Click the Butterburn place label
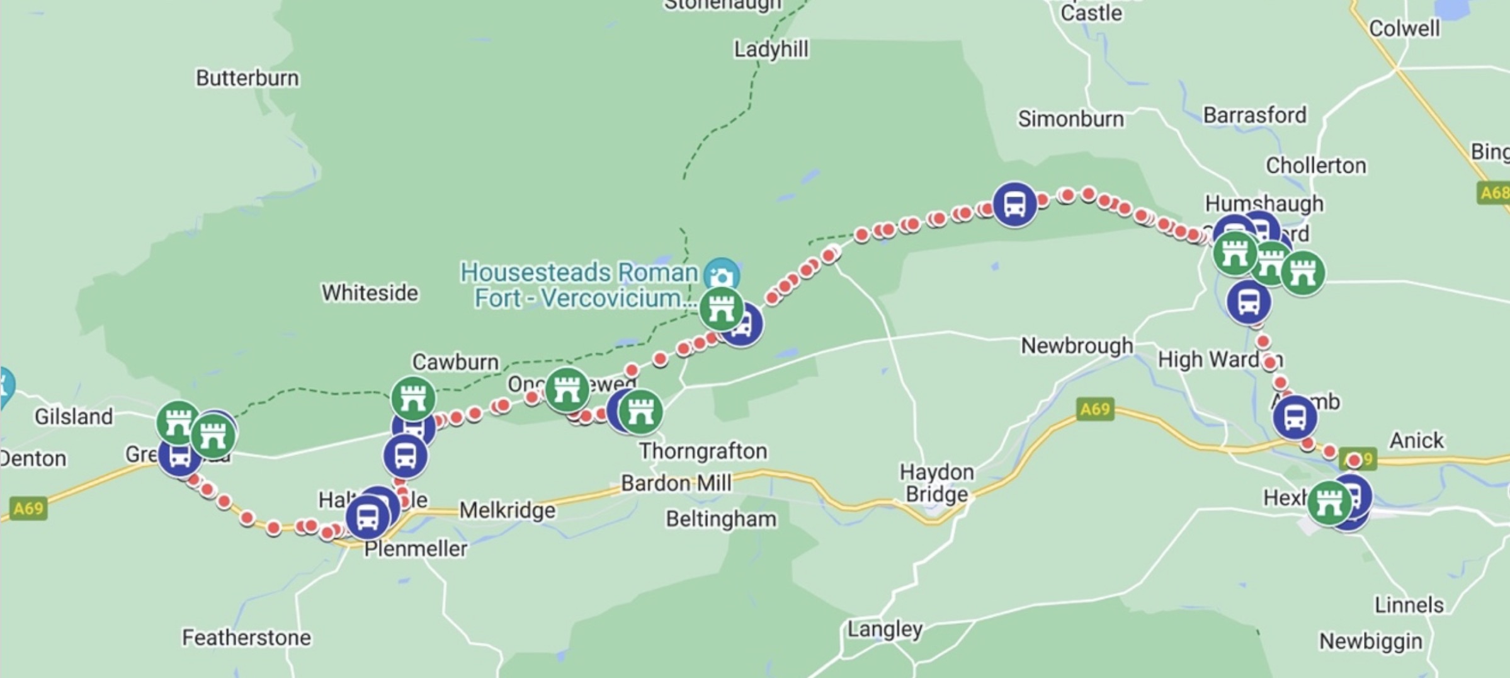pyautogui.click(x=247, y=78)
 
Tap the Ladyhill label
pyautogui.click(x=771, y=49)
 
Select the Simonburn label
pyautogui.click(x=1070, y=118)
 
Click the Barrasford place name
pyautogui.click(x=1254, y=115)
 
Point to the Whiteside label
pyautogui.click(x=370, y=293)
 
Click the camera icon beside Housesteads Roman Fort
pyautogui.click(x=722, y=275)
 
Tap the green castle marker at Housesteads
pyautogui.click(x=721, y=309)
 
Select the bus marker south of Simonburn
pyautogui.click(x=1014, y=204)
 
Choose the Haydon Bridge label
pyautogui.click(x=936, y=483)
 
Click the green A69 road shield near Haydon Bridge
pyautogui.click(x=1094, y=410)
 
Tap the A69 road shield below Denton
pyautogui.click(x=28, y=508)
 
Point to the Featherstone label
pyautogui.click(x=246, y=638)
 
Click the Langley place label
pyautogui.click(x=884, y=629)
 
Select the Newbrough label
pyautogui.click(x=1076, y=346)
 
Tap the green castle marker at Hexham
pyautogui.click(x=1329, y=503)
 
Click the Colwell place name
pyautogui.click(x=1404, y=28)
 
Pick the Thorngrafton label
pyautogui.click(x=703, y=451)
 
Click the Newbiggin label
pyautogui.click(x=1370, y=641)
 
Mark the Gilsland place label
pyautogui.click(x=74, y=417)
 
